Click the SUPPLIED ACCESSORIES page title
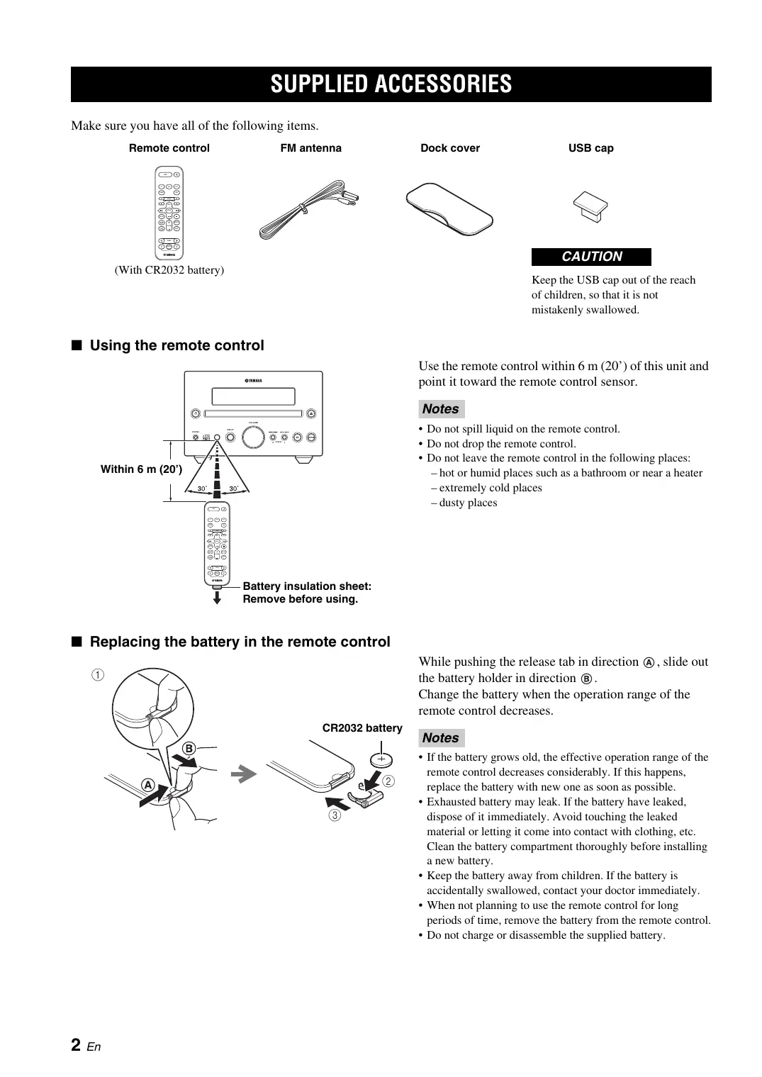(391, 84)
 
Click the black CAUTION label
(591, 257)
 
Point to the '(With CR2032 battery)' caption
(169, 270)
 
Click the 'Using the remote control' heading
(177, 345)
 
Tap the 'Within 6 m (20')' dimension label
(141, 469)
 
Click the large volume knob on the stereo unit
(252, 437)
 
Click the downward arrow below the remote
(217, 598)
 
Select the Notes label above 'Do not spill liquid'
(440, 409)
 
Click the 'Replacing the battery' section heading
(240, 642)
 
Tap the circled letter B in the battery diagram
(189, 749)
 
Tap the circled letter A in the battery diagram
(147, 785)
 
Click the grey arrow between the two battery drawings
(243, 775)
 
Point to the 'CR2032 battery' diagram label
(362, 728)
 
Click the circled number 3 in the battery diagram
(334, 815)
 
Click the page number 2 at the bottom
(75, 1044)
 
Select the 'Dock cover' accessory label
(450, 148)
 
